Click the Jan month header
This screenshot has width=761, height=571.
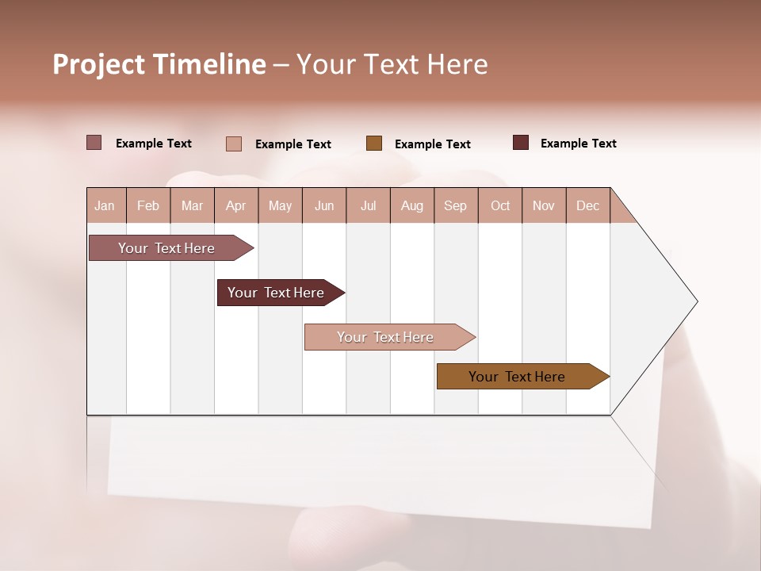(105, 205)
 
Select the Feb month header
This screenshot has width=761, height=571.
(148, 205)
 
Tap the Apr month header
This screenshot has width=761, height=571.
(236, 205)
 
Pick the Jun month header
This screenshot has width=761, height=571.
(324, 205)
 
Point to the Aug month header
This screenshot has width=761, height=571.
(412, 205)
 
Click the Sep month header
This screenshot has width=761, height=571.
(456, 205)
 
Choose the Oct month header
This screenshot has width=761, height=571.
(500, 205)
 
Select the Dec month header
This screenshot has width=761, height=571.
(588, 205)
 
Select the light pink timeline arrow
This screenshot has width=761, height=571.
(387, 337)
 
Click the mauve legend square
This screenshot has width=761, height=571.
(94, 143)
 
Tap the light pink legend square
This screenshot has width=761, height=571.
(234, 144)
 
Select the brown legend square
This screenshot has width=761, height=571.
(374, 143)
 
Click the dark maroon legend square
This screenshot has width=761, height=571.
(521, 143)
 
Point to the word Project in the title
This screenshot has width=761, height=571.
(98, 65)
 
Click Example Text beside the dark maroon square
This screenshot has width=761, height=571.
(578, 144)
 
